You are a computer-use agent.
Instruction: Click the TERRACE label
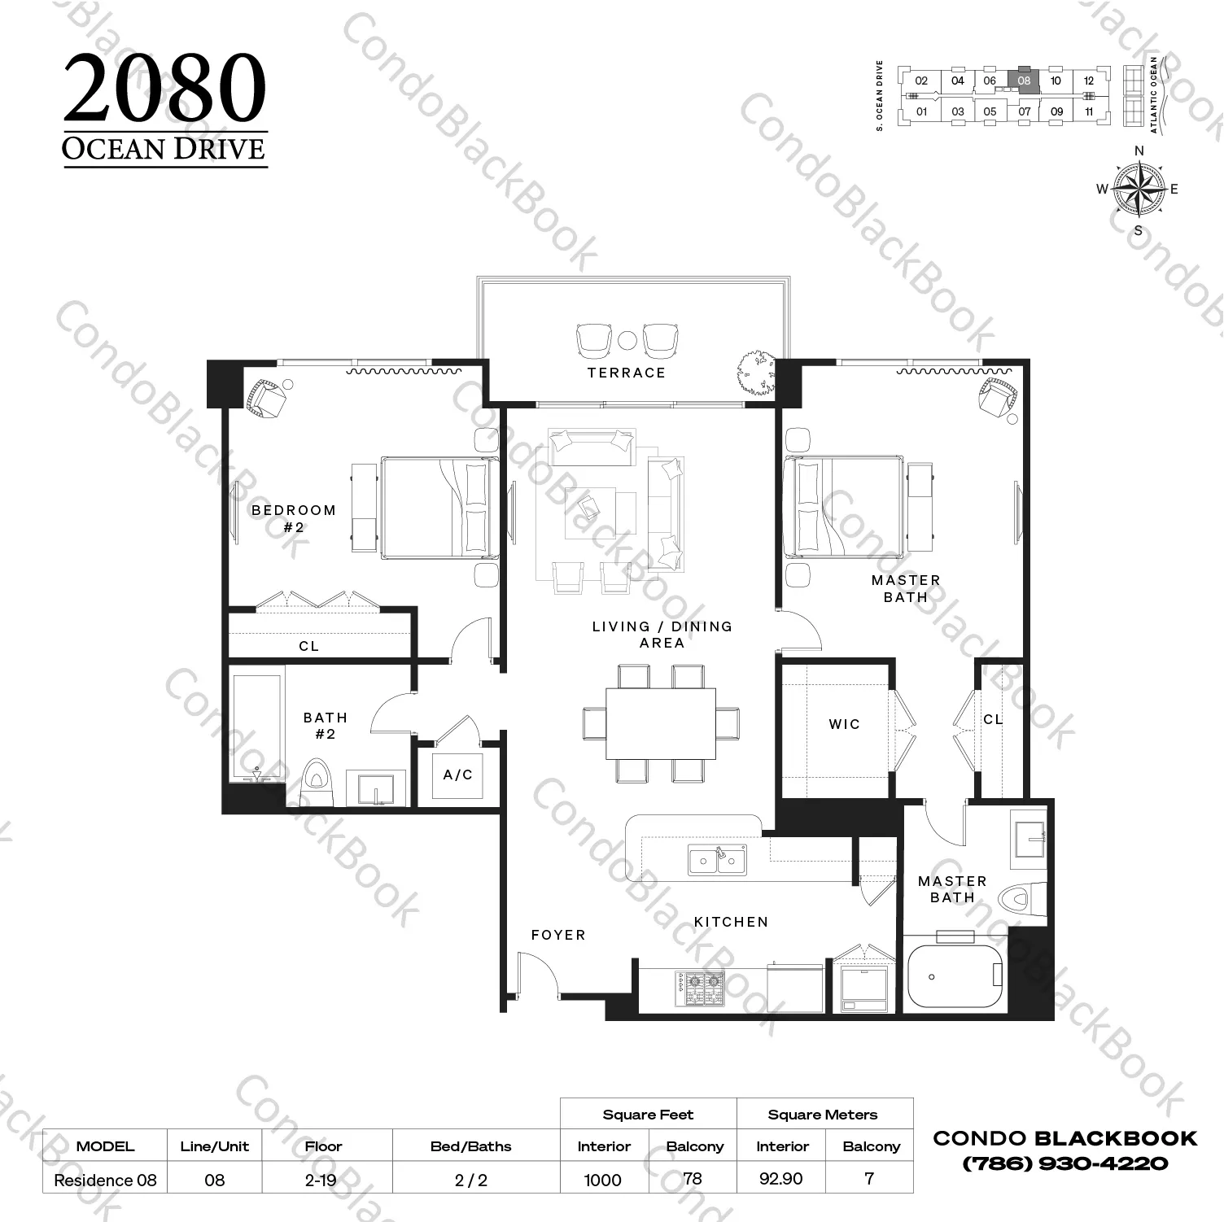tap(627, 373)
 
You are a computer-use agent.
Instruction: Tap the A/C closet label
tap(457, 775)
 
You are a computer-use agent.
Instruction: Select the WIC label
tap(844, 724)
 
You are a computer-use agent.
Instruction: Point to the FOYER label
tap(558, 935)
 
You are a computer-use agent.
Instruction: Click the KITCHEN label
tap(731, 922)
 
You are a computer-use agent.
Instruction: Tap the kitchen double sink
tap(718, 860)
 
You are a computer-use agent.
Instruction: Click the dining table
tap(661, 723)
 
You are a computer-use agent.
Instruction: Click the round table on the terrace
tap(627, 340)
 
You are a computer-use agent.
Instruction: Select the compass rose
tap(1139, 189)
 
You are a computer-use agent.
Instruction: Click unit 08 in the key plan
tap(1024, 81)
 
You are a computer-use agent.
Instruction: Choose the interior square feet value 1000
tap(603, 1180)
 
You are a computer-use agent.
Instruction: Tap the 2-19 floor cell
tap(321, 1180)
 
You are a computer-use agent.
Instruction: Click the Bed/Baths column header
tap(471, 1146)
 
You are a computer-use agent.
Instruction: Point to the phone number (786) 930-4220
tap(1065, 1163)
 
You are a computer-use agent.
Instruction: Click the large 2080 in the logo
tap(165, 89)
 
